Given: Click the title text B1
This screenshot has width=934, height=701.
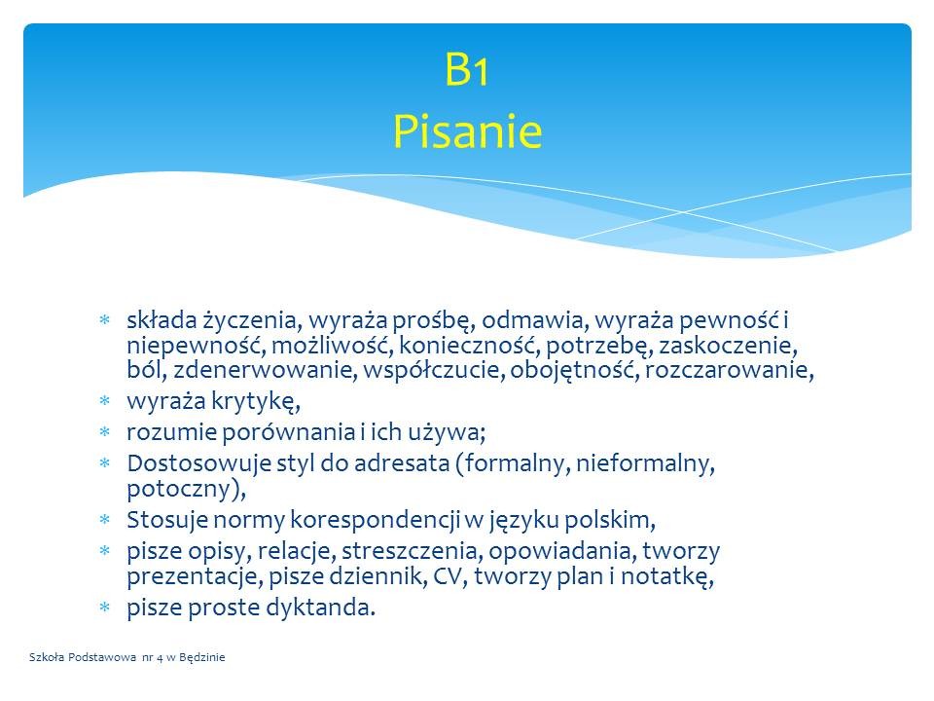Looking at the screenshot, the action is pos(466,70).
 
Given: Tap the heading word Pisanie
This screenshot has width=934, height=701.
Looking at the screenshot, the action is pos(467,131).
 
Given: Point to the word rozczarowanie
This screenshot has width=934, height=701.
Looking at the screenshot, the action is pos(729,370).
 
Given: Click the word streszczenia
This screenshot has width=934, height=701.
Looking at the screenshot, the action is pos(412,551).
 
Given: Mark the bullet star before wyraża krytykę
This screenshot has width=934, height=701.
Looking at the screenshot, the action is pos(105,400).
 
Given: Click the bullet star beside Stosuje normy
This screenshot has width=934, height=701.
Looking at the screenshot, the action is pos(105,520).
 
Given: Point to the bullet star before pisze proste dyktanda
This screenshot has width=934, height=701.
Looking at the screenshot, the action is pos(105,608).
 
